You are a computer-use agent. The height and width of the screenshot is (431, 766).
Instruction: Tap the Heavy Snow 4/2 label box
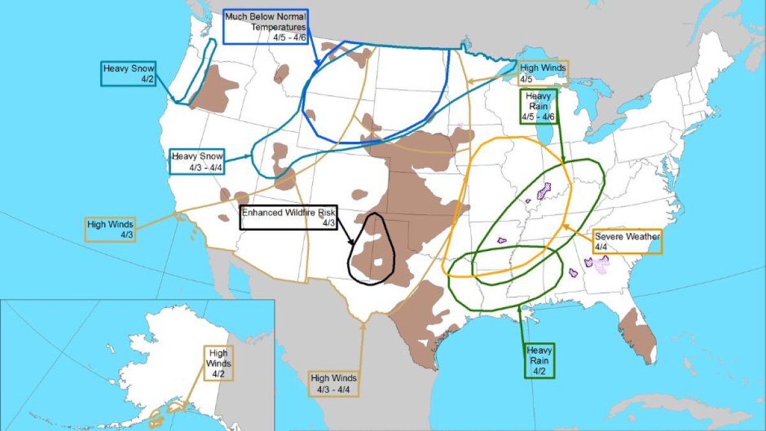pos(128,73)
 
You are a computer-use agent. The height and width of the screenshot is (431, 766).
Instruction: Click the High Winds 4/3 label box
pos(110,229)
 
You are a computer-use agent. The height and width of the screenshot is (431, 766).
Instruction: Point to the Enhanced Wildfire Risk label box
pos(289,217)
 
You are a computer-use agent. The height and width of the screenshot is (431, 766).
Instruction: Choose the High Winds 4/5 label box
pos(542,73)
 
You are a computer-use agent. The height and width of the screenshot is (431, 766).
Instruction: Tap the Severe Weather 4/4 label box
pos(627,241)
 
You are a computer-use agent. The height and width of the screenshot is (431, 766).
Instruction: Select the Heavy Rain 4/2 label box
pos(539,360)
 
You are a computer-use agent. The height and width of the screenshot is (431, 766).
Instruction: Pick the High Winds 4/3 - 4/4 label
pos(334,383)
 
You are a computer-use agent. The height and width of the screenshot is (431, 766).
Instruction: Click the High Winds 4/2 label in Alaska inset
pos(218,363)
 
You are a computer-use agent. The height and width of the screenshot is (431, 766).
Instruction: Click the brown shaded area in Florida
pos(640,336)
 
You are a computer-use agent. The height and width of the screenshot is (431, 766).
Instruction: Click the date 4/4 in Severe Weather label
pos(601,246)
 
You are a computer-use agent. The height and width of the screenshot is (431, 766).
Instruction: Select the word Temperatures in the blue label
pos(279,27)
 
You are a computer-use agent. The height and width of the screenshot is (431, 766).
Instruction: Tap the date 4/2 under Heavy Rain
pos(539,370)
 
